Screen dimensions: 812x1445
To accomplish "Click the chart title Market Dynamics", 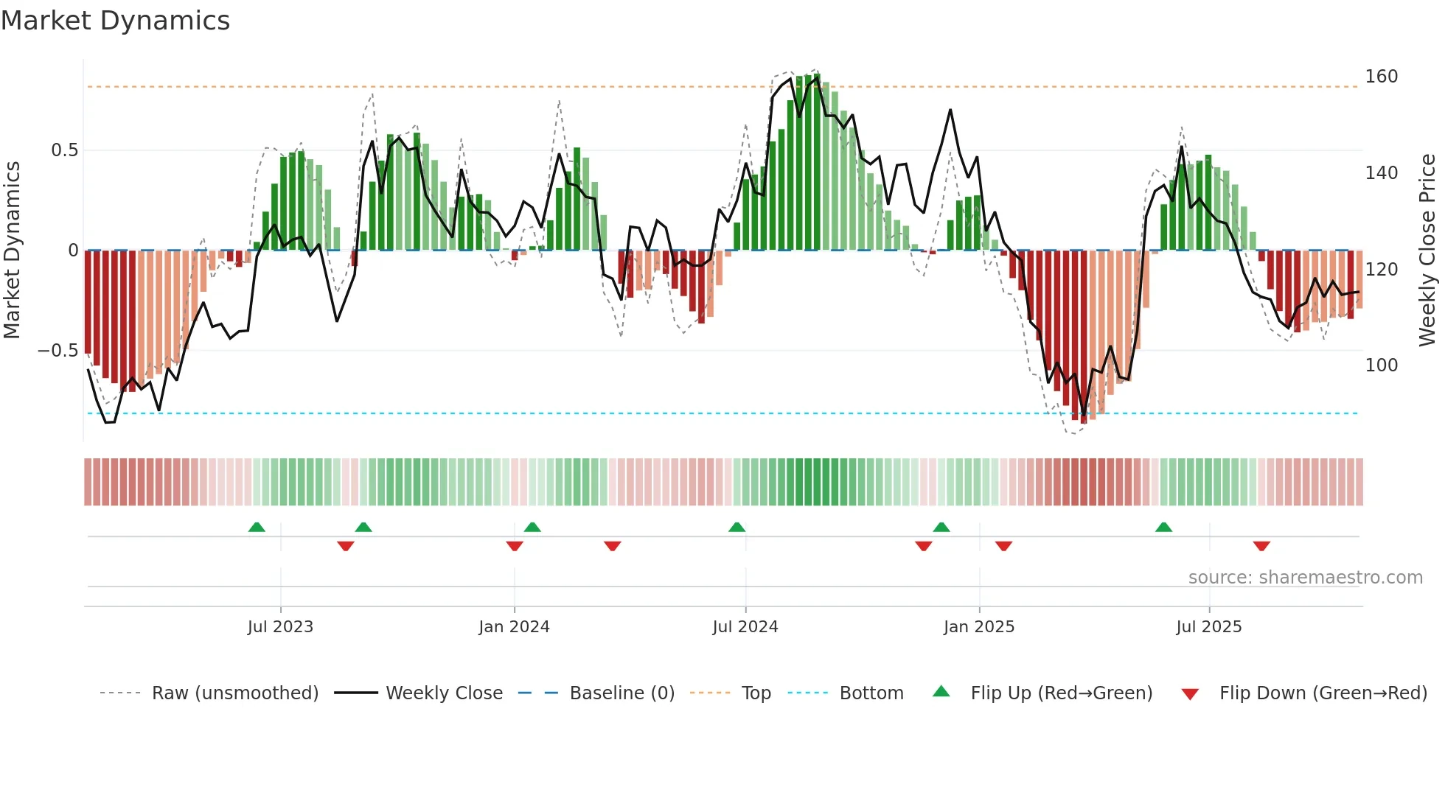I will click(x=115, y=21).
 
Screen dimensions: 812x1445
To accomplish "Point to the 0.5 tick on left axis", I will click(x=64, y=150).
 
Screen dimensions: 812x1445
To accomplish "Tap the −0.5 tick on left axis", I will click(x=58, y=351).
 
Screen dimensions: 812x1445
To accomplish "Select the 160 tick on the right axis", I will click(x=1381, y=77).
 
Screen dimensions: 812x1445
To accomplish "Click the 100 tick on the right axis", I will click(x=1381, y=365).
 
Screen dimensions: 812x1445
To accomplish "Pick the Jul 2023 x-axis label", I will click(x=280, y=627).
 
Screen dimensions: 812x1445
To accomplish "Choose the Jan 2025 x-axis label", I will click(x=979, y=627).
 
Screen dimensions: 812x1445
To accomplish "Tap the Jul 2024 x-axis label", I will click(x=745, y=627).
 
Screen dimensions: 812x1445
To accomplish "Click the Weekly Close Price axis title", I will click(x=1427, y=251).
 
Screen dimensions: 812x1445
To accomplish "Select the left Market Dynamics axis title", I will click(x=12, y=251).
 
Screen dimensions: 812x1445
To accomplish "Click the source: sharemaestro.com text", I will click(x=1305, y=578).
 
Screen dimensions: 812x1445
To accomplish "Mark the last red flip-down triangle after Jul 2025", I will click(x=1261, y=546).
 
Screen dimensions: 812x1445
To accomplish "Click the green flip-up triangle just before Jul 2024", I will click(x=737, y=527).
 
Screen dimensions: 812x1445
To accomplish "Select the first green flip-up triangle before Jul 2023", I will click(x=257, y=527).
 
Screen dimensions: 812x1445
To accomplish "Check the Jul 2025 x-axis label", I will click(x=1209, y=627).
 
